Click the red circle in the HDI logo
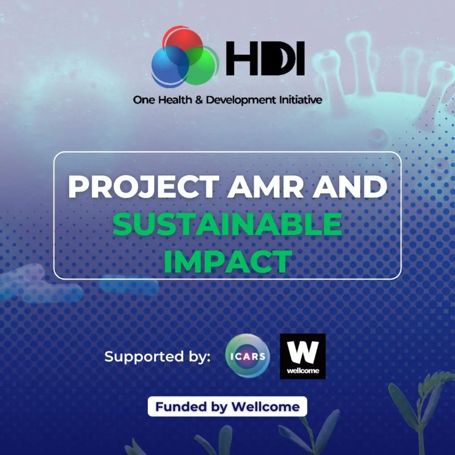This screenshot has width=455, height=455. point(182,40)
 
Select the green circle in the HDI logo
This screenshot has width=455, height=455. point(200,65)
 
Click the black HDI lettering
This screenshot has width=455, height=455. point(265,58)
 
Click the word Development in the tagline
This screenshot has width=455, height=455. point(241,100)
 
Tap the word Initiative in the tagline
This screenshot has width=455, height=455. point(301,100)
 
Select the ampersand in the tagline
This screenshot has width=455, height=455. point(199,100)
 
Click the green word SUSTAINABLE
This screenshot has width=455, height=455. point(227,224)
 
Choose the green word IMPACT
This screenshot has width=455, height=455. point(228,261)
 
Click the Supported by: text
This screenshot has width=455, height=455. point(157,357)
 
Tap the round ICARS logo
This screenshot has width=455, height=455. point(247,356)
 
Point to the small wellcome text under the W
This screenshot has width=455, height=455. point(303,371)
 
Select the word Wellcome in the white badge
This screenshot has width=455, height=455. point(266,407)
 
